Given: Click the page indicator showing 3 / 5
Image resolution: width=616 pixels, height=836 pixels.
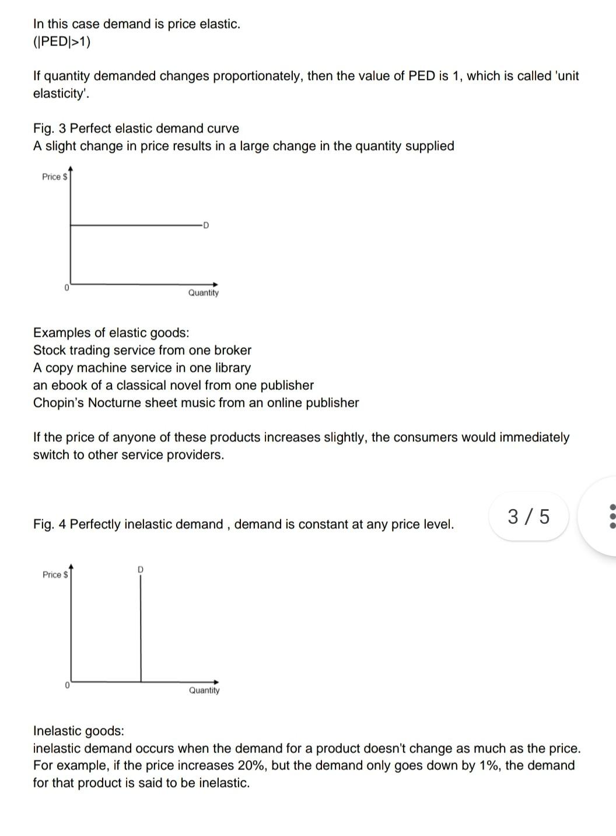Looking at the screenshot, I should click(528, 517).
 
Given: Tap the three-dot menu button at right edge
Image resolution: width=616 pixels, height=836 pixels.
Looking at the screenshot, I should click(611, 517).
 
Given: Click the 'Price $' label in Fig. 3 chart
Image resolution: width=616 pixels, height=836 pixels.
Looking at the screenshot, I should click(55, 177).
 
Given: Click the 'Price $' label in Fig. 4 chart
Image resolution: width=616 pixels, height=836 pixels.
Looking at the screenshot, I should click(55, 575).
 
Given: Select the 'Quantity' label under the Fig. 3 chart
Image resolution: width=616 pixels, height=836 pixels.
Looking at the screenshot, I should click(203, 293).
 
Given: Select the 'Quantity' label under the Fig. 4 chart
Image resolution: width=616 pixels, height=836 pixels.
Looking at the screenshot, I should click(204, 691).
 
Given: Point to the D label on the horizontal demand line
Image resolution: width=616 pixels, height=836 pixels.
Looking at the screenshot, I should click(205, 225).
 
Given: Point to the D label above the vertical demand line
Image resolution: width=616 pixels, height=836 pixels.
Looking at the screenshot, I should click(141, 569).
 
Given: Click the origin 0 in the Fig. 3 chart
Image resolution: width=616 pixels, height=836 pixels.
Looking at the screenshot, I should click(66, 288).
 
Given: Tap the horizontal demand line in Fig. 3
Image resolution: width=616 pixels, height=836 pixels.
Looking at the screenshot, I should click(134, 224).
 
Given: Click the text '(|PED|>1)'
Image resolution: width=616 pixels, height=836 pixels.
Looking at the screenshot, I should click(62, 41).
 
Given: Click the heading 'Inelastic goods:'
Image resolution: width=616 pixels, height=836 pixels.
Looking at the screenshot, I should click(79, 731).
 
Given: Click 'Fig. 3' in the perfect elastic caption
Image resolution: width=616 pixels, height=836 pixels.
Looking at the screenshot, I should click(50, 128).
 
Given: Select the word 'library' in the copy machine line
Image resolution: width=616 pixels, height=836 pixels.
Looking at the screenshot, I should click(232, 368).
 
